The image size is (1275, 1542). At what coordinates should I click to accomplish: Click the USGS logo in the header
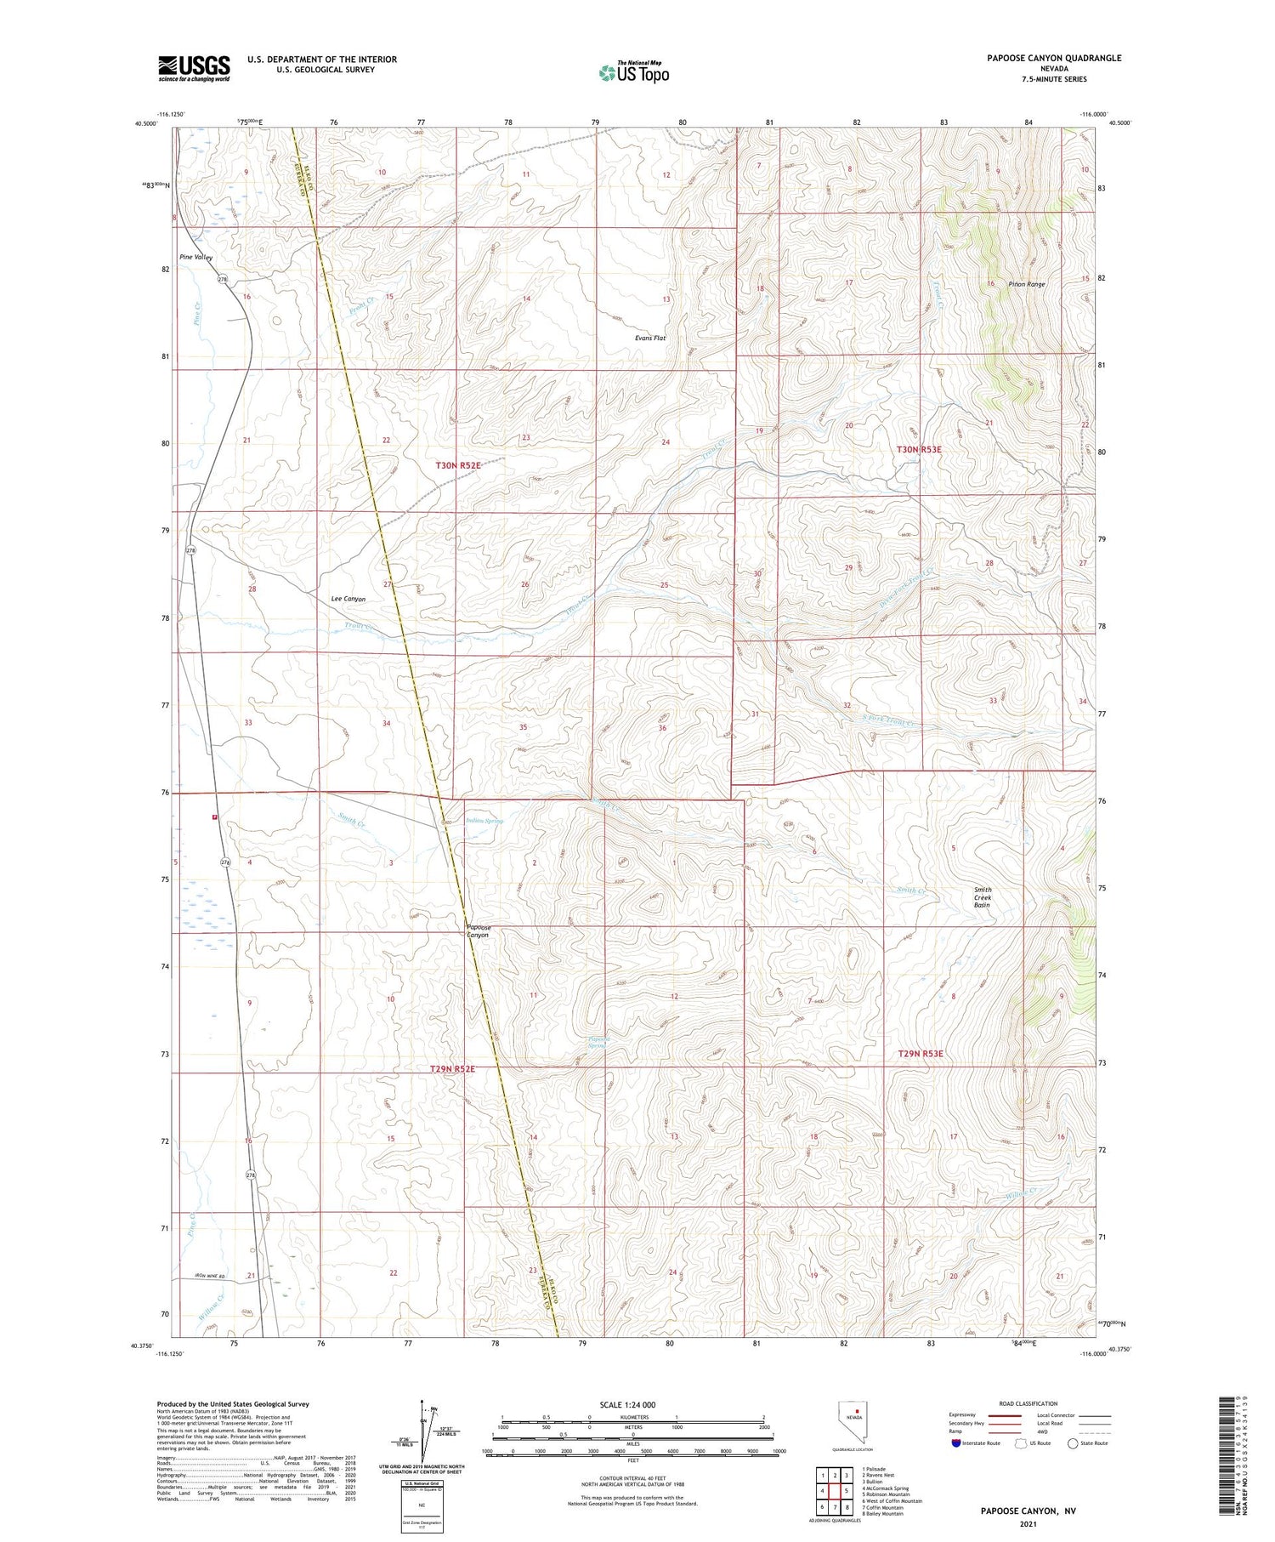pos(194,68)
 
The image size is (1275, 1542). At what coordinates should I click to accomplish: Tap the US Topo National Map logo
pos(633,72)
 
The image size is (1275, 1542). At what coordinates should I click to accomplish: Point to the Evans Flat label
pos(650,339)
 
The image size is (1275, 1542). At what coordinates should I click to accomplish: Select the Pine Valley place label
pos(195,257)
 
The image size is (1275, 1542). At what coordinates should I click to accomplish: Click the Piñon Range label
pos(1026,284)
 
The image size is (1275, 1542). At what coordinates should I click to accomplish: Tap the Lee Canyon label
pos(348,599)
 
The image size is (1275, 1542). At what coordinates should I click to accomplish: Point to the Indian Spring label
pos(484,821)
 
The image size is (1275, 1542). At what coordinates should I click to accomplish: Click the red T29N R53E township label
pos(921,1054)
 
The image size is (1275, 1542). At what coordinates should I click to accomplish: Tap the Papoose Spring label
pos(597,1041)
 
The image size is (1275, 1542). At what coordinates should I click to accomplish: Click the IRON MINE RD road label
pos(209,1277)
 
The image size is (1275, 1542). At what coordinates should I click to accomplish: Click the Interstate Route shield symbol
pos(955,1443)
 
